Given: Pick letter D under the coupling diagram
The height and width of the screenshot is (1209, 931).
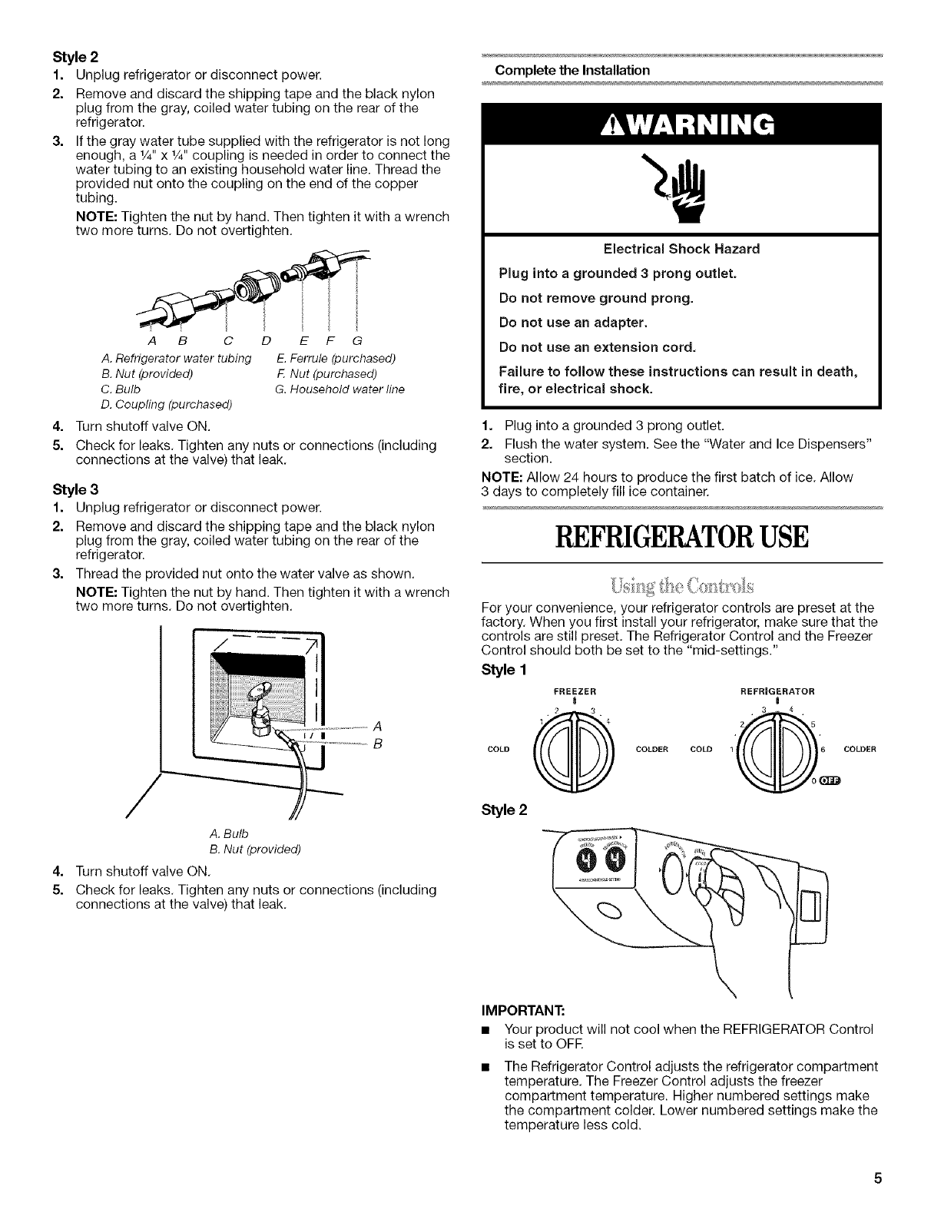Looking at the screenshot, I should [x=266, y=340].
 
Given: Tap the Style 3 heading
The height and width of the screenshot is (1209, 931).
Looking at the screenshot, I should [x=71, y=489].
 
